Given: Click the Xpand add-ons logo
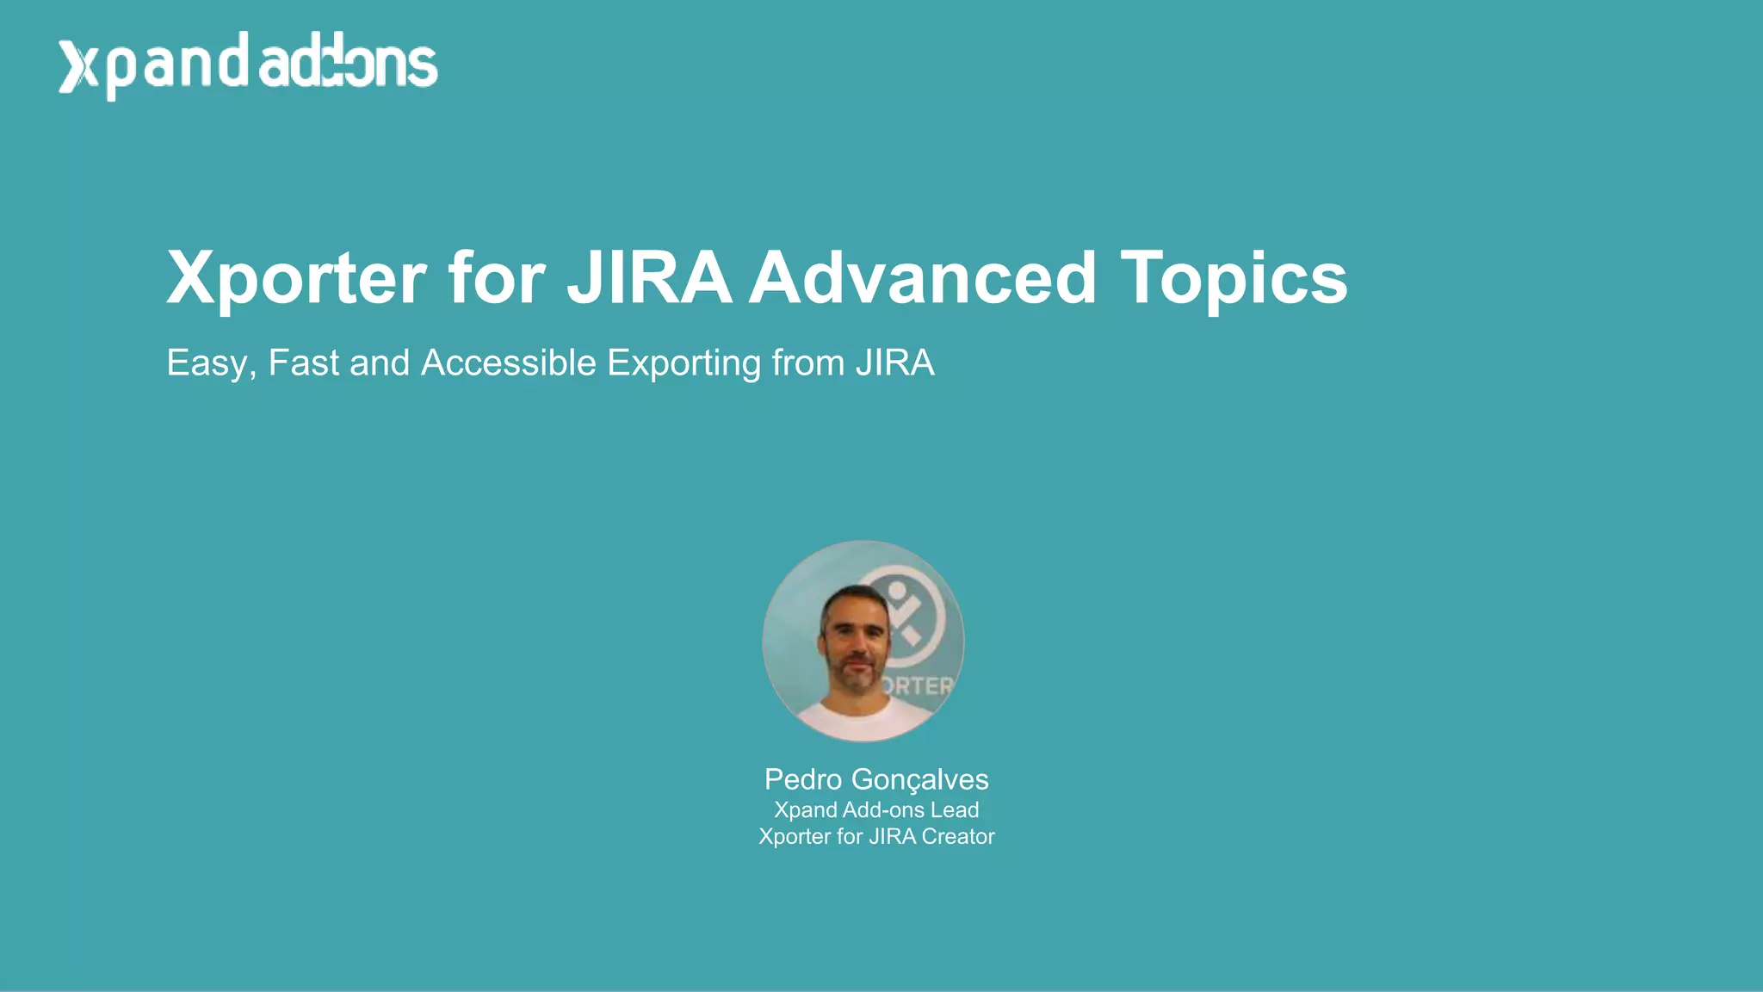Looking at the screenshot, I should [x=248, y=65].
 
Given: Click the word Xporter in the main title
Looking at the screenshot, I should [x=296, y=279].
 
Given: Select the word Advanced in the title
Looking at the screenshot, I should [x=922, y=277].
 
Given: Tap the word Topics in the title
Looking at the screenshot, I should [x=1233, y=279].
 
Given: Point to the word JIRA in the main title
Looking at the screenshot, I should [x=648, y=277].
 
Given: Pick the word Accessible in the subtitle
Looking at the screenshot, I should [x=508, y=363].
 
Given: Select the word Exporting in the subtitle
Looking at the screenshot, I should [x=684, y=363].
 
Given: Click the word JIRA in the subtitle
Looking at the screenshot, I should [x=894, y=363].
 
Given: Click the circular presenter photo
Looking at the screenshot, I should [x=863, y=641].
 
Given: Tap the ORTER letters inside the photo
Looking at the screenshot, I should [x=916, y=686].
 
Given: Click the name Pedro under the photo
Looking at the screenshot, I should [x=802, y=779].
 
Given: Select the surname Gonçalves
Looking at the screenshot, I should [x=919, y=780].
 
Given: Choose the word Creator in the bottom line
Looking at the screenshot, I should [x=957, y=837].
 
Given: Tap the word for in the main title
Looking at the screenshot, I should [x=496, y=277].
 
